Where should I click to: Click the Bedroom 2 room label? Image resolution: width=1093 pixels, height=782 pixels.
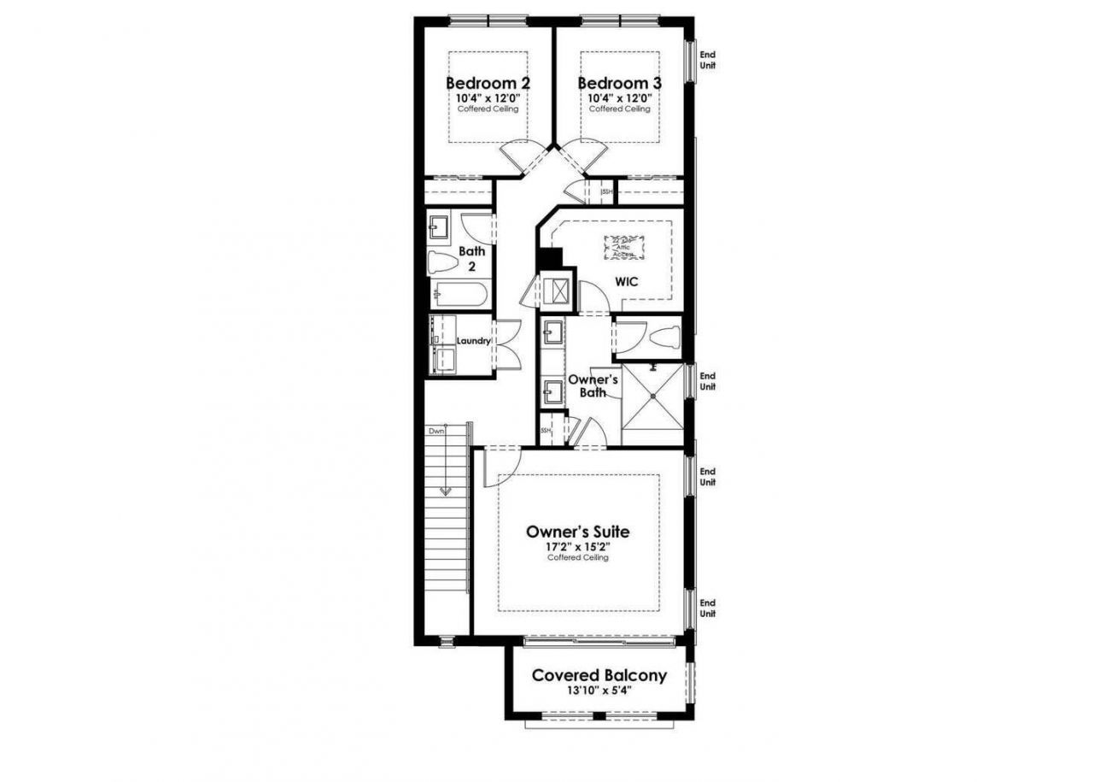488,83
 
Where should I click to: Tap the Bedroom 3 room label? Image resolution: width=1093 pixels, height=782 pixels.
619,83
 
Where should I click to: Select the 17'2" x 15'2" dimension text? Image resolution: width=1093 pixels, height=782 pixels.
578,546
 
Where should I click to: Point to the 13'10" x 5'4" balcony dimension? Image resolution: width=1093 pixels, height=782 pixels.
599,691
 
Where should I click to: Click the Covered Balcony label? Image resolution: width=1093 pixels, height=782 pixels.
599,675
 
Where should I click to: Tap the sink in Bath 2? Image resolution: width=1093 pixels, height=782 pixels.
441,227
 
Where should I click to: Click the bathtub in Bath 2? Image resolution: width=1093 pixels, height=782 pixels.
459,296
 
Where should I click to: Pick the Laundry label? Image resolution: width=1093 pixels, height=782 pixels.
473,341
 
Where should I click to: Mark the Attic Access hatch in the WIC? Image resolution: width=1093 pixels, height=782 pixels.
624,246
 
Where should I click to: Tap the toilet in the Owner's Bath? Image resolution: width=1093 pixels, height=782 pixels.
663,338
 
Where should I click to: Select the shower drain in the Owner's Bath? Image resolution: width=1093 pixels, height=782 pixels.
654,396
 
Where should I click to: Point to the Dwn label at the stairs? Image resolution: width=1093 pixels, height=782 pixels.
437,431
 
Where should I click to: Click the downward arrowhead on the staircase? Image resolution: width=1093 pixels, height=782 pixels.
445,491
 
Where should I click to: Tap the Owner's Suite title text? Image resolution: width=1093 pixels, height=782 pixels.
578,532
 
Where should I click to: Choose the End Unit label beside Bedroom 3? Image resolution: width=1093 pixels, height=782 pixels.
707,60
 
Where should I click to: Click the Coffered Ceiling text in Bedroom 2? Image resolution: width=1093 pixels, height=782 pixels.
488,109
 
